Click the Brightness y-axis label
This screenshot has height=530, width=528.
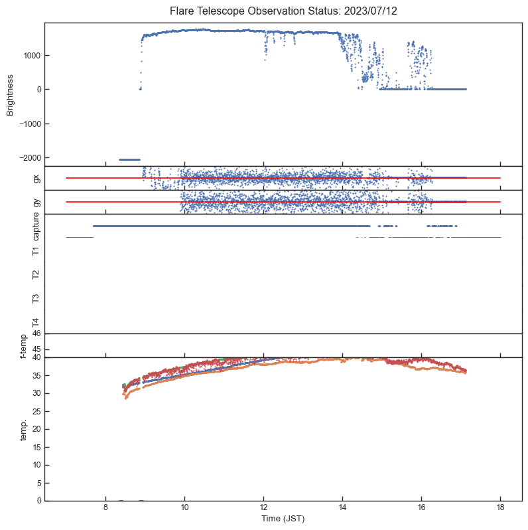(x=10, y=94)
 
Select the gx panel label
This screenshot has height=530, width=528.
(x=36, y=178)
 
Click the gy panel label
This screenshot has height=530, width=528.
(x=36, y=202)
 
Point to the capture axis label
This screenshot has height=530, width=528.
(x=36, y=227)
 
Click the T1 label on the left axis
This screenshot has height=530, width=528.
(x=36, y=250)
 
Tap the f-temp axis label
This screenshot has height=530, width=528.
(x=23, y=345)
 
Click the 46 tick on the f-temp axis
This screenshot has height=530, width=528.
(x=37, y=334)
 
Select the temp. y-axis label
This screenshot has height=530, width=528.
(x=23, y=429)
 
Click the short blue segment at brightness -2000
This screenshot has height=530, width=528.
(x=129, y=159)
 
